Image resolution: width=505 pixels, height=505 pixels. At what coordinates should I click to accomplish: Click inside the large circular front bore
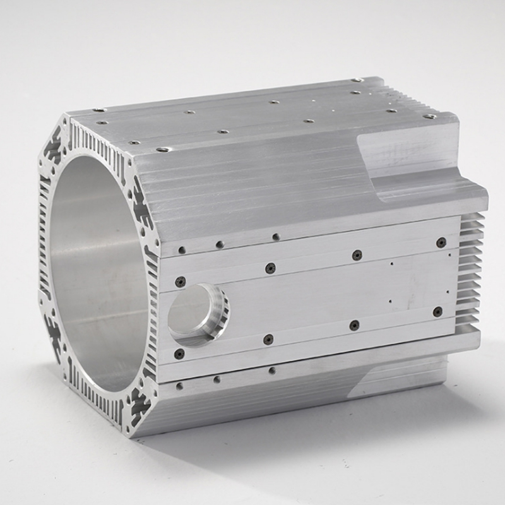[101, 271]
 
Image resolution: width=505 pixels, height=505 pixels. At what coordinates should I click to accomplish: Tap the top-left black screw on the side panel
[181, 281]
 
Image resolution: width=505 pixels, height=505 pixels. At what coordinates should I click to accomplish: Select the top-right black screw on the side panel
[441, 242]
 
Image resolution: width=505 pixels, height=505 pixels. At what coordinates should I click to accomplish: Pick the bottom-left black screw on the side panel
[179, 353]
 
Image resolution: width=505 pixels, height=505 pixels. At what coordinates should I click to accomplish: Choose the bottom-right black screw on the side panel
[437, 311]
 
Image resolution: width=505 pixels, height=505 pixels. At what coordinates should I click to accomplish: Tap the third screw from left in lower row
[354, 325]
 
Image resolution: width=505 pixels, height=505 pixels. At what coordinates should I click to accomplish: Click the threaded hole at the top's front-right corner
[163, 149]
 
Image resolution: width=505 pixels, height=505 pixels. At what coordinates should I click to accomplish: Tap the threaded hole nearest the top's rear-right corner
[429, 116]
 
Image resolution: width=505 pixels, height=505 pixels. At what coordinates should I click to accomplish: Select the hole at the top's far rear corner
[357, 81]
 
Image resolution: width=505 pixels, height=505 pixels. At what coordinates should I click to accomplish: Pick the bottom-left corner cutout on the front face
[54, 331]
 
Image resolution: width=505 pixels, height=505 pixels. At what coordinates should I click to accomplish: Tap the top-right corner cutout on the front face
[141, 208]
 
